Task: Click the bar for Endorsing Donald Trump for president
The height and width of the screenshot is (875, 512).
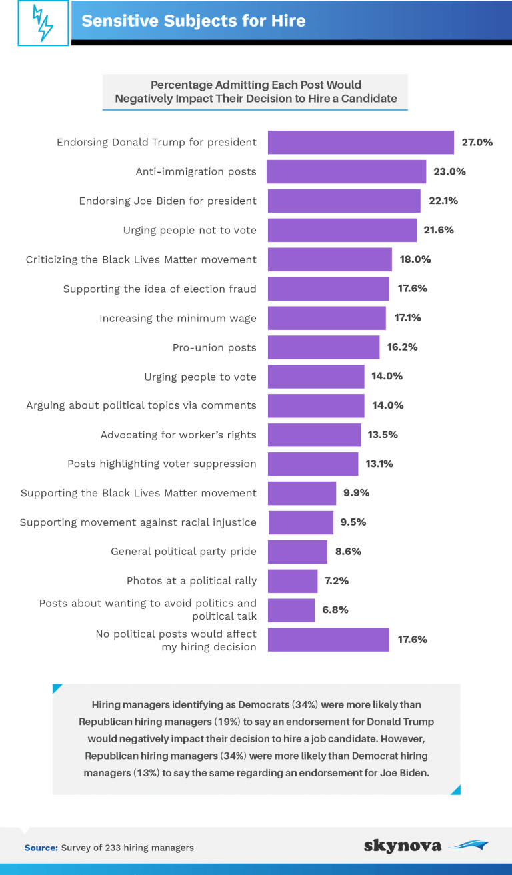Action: (x=361, y=142)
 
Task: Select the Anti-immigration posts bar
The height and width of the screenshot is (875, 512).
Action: (x=347, y=171)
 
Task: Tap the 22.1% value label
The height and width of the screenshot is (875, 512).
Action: (x=443, y=201)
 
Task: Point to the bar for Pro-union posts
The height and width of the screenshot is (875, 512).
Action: (x=323, y=347)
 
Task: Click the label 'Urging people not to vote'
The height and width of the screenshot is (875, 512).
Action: (x=189, y=230)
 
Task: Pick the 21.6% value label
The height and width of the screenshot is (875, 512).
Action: (x=439, y=230)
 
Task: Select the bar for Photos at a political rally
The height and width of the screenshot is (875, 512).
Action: (x=293, y=581)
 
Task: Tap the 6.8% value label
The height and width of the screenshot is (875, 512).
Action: (x=335, y=610)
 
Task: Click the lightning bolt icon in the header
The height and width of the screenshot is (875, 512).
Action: (x=43, y=23)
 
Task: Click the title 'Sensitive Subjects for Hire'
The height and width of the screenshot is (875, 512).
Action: (x=193, y=21)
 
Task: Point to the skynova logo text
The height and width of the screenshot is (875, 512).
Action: (x=403, y=846)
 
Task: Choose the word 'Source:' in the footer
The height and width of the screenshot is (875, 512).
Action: (x=41, y=848)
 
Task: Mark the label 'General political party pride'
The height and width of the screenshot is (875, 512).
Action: (x=183, y=552)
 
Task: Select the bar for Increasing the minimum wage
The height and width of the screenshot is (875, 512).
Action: (x=327, y=318)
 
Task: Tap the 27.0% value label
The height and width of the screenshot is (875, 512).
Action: (x=477, y=142)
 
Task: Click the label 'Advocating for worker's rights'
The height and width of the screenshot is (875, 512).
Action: (x=178, y=435)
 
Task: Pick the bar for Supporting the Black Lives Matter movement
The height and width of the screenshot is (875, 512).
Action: (x=302, y=493)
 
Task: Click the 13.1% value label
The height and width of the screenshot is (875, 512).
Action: (x=379, y=464)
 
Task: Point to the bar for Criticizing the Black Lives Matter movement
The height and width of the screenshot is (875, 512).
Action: (x=329, y=259)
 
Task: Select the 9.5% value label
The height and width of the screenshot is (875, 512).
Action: (x=353, y=522)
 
